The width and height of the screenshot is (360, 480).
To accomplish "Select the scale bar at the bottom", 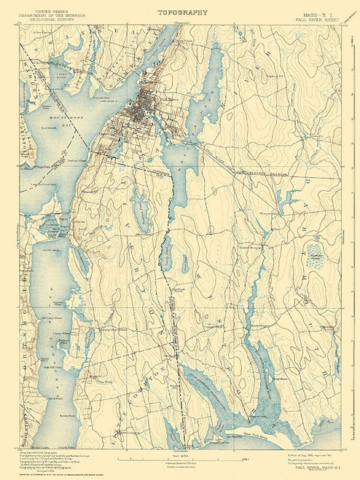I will tap(179, 456).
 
